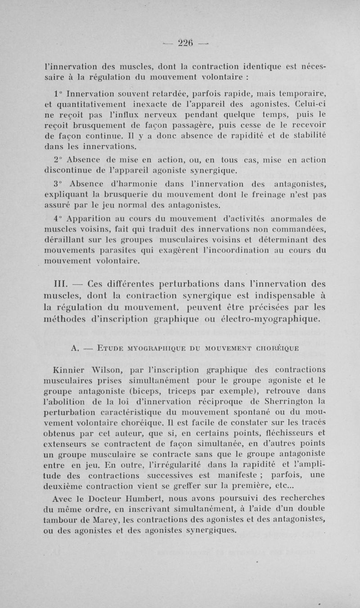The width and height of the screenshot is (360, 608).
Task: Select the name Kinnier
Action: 68,371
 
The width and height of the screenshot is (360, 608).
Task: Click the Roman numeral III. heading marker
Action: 60,284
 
